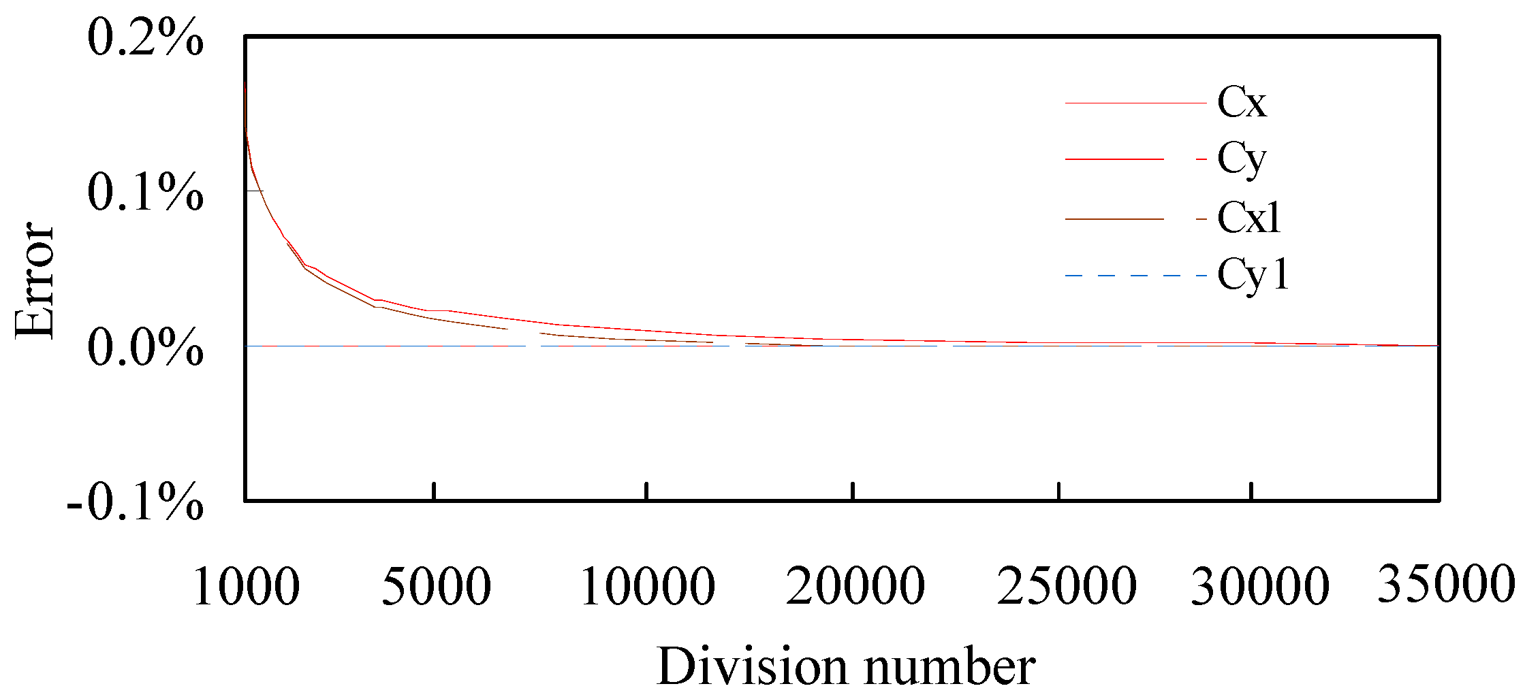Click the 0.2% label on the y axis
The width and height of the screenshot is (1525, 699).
pos(145,38)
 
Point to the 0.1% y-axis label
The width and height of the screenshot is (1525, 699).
pos(145,193)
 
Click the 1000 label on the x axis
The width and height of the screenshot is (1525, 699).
pos(246,586)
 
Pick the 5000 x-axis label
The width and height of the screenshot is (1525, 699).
pos(436,586)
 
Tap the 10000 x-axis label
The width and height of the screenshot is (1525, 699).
pos(647,586)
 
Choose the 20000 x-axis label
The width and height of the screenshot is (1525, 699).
pos(855,586)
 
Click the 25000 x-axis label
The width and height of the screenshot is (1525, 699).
pos(1067,586)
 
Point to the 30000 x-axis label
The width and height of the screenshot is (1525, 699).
pos(1259,586)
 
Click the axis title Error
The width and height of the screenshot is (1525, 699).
pos(34,280)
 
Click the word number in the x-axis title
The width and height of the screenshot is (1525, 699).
pos(950,668)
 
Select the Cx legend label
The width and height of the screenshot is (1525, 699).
pos(1242,103)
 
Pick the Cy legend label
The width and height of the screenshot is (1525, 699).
pos(1242,161)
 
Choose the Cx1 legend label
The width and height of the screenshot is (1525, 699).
pos(1248,218)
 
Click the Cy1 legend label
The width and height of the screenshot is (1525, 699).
pos(1253,276)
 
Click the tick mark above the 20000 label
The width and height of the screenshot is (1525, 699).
pos(853,491)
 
